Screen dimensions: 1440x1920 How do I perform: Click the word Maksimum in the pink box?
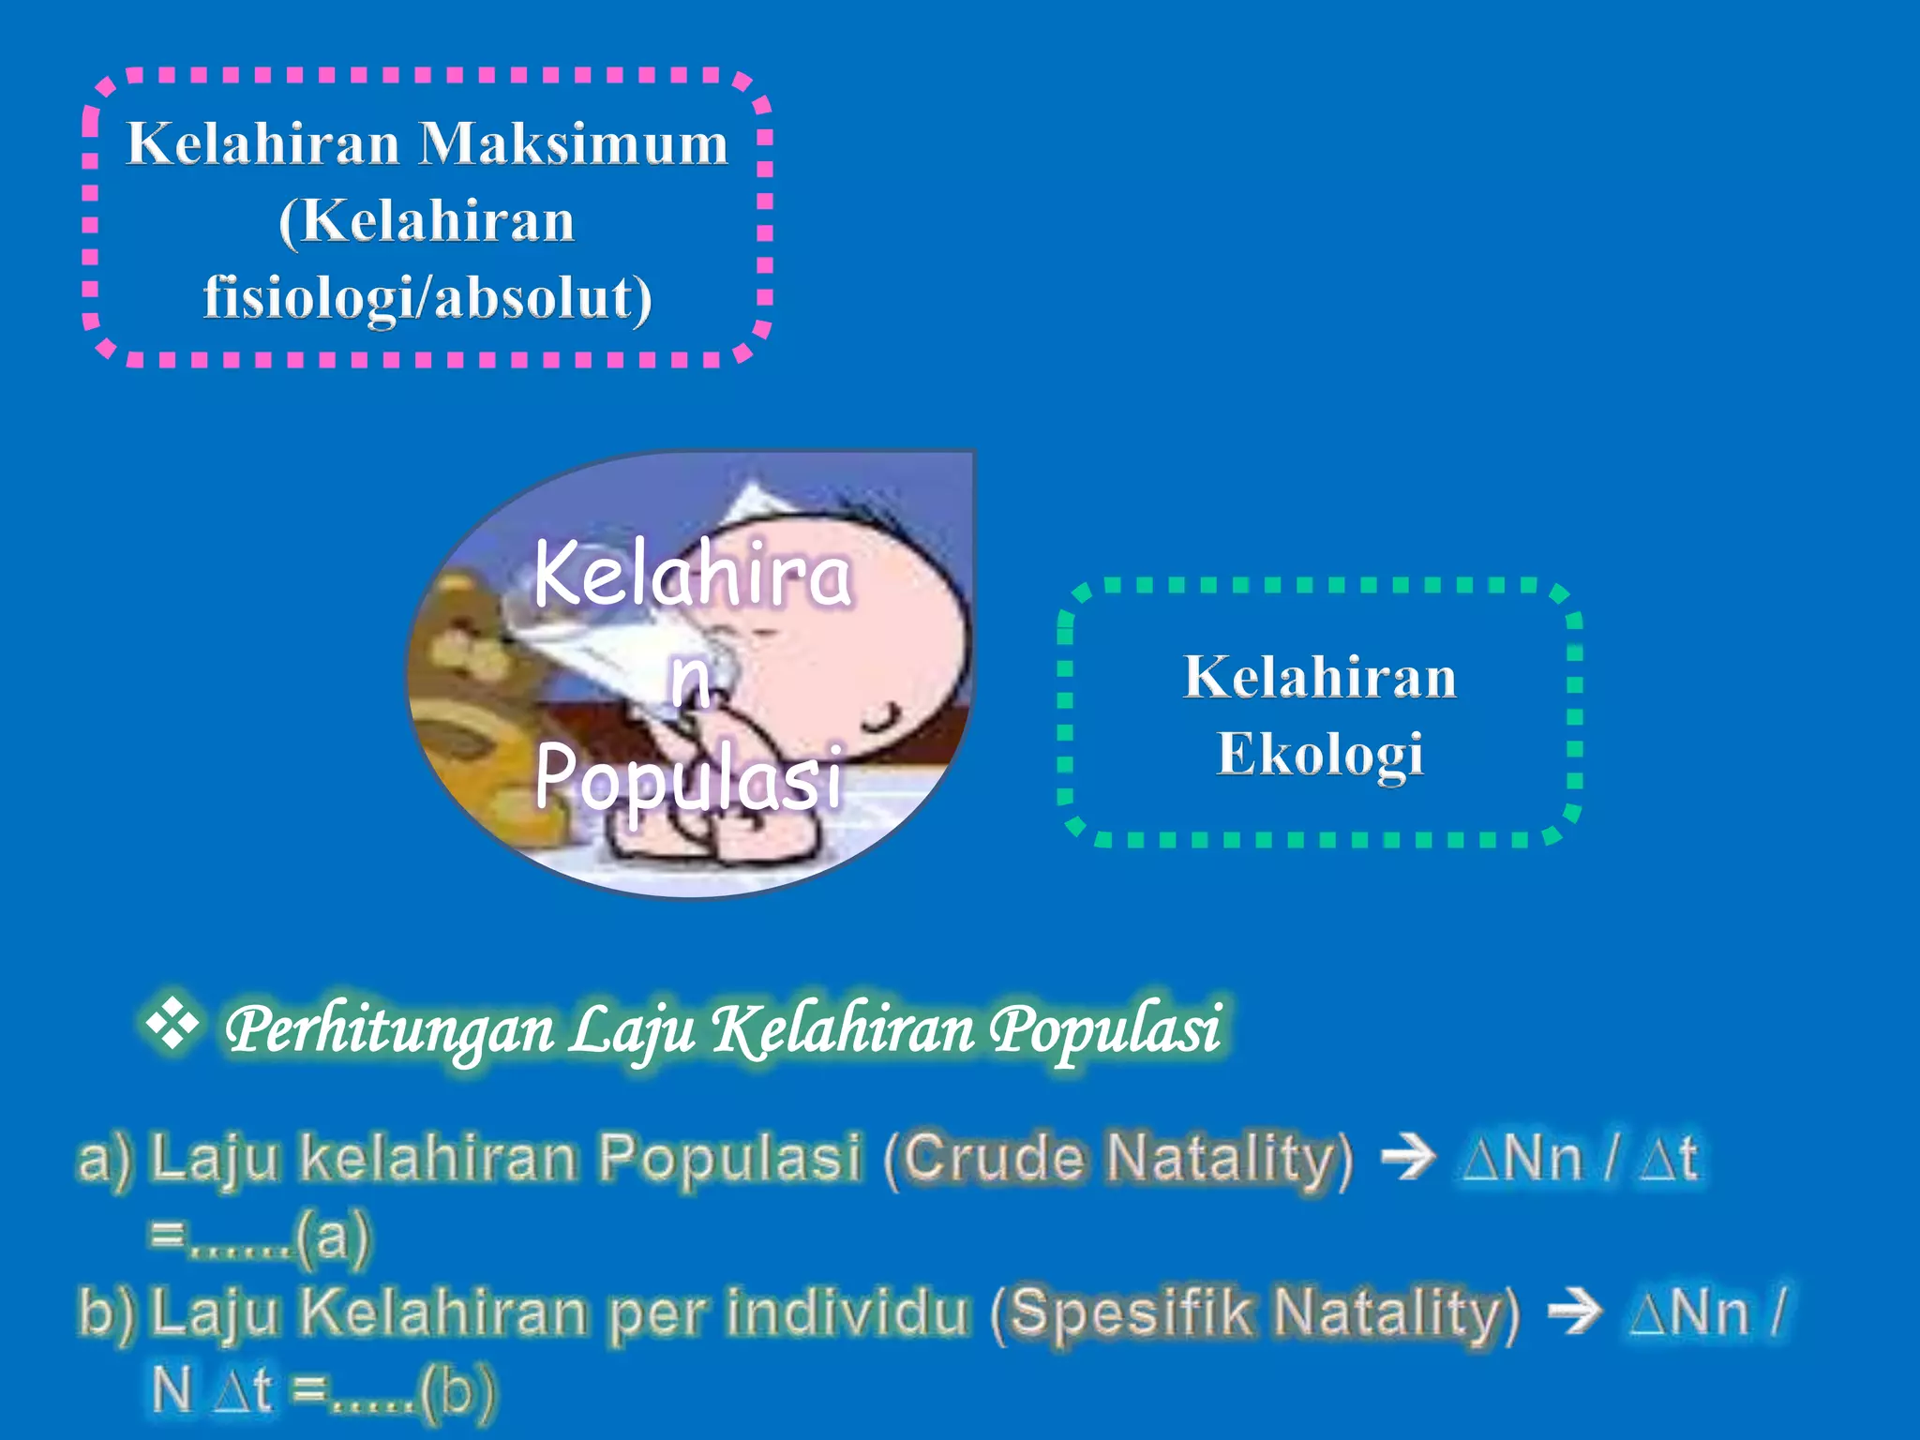point(573,145)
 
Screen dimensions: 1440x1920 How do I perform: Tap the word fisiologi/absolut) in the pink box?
point(427,298)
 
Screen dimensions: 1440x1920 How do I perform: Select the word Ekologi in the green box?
point(1320,755)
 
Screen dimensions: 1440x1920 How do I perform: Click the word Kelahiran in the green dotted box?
point(1320,677)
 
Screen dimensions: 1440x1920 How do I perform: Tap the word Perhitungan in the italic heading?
point(390,1029)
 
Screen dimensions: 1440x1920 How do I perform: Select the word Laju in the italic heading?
point(632,1029)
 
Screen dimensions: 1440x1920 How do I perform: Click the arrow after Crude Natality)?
point(1408,1157)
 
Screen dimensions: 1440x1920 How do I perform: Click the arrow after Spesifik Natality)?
point(1574,1311)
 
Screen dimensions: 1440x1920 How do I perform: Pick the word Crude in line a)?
point(994,1157)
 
